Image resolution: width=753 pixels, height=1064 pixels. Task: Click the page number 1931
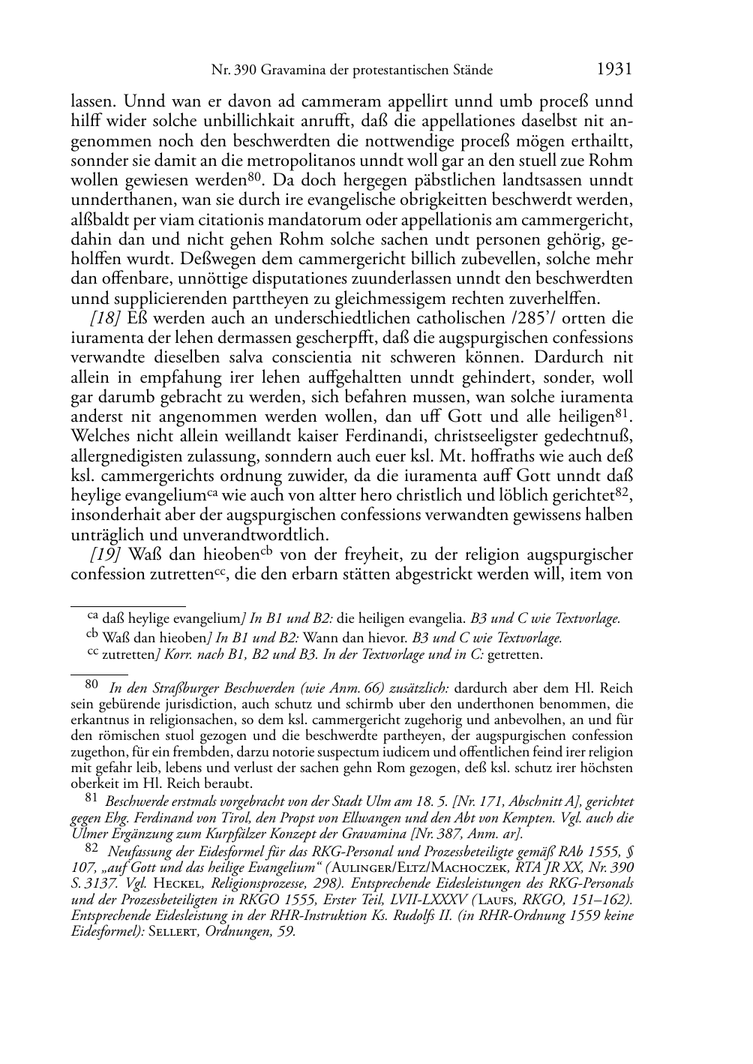[614, 70]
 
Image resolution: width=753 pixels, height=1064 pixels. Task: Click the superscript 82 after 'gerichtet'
[622, 492]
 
